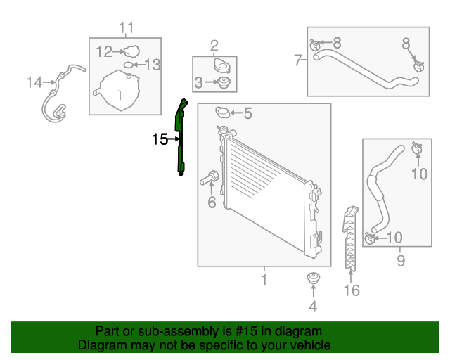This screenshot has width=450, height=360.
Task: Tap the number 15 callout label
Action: coord(159,139)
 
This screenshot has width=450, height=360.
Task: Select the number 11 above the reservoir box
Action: coord(126,28)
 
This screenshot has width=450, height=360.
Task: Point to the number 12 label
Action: coord(103,51)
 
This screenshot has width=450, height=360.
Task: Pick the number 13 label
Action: coord(153,65)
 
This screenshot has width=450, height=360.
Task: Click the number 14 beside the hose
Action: coord(34,83)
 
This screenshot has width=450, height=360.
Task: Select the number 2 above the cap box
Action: coord(214,46)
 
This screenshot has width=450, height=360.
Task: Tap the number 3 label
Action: coord(199,83)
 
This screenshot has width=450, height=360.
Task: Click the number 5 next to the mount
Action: coord(247,112)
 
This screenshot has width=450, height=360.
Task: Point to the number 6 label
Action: coord(211,203)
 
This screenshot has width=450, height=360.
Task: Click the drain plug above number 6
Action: coord(210,178)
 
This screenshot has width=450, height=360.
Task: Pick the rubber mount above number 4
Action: coord(313,279)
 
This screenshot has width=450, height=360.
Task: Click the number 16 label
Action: coord(351,290)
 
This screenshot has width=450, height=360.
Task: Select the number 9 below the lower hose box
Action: coord(400,262)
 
